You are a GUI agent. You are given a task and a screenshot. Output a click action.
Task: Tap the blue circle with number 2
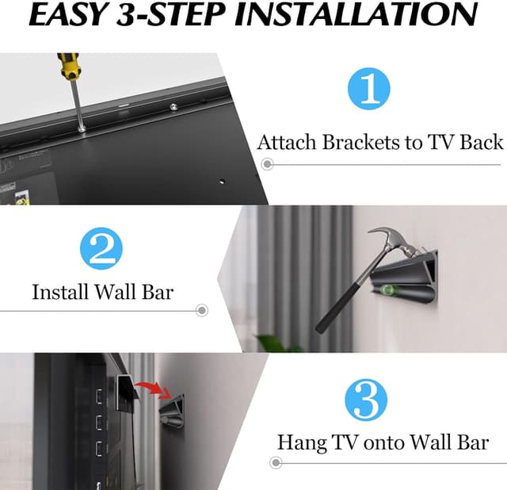point(100,248)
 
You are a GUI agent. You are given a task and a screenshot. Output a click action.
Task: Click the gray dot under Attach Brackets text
point(268,164)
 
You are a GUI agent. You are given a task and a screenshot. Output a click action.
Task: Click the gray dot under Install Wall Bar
point(201,310)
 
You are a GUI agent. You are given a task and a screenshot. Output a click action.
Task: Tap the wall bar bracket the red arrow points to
point(176,409)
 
